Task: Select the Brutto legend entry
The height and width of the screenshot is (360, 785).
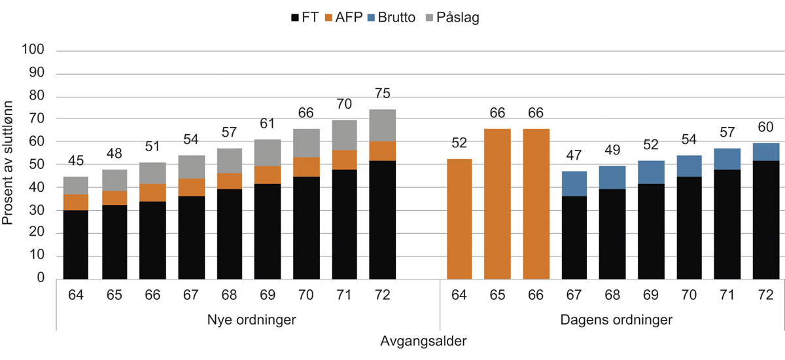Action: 387,18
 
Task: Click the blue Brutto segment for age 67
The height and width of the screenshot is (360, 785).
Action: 574,184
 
